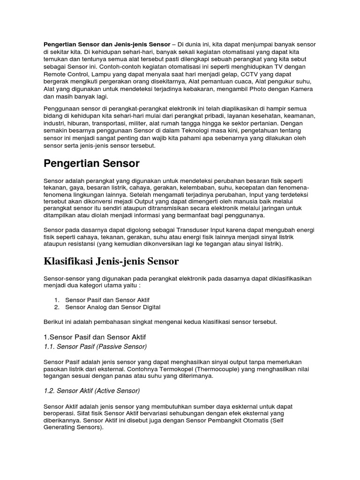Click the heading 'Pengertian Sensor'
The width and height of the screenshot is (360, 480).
click(91, 164)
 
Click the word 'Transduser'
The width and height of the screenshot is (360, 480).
click(193, 230)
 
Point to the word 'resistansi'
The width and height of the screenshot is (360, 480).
click(80, 245)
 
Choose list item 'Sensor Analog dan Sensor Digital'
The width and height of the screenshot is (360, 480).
click(112, 307)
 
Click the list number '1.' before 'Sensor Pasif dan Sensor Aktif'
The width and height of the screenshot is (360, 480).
click(57, 300)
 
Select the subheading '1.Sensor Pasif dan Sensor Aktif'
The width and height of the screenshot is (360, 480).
click(98, 337)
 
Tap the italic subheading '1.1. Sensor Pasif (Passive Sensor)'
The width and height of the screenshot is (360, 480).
click(95, 346)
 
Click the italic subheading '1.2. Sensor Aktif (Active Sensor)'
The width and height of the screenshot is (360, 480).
click(92, 390)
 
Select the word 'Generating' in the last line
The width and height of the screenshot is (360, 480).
click(60, 428)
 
